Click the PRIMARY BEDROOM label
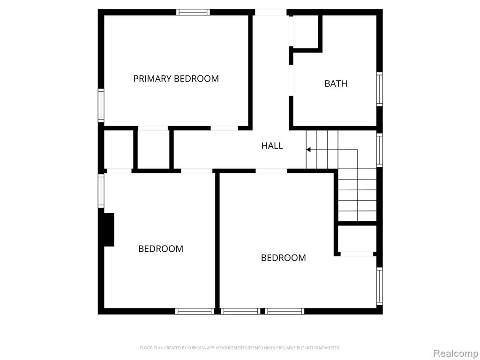[176, 79]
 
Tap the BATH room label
[336, 83]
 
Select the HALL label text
[272, 146]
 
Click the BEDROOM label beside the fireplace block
[161, 248]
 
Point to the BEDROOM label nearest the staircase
[284, 258]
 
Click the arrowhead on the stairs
[308, 150]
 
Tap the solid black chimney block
[109, 230]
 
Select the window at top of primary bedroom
[193, 12]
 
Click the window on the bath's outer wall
[380, 89]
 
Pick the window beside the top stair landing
[380, 150]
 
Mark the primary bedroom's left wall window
[101, 105]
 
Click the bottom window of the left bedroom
[195, 311]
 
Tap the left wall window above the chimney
[101, 191]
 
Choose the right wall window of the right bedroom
[380, 286]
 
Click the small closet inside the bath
[306, 31]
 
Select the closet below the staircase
[357, 239]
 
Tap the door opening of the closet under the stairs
[357, 254]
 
